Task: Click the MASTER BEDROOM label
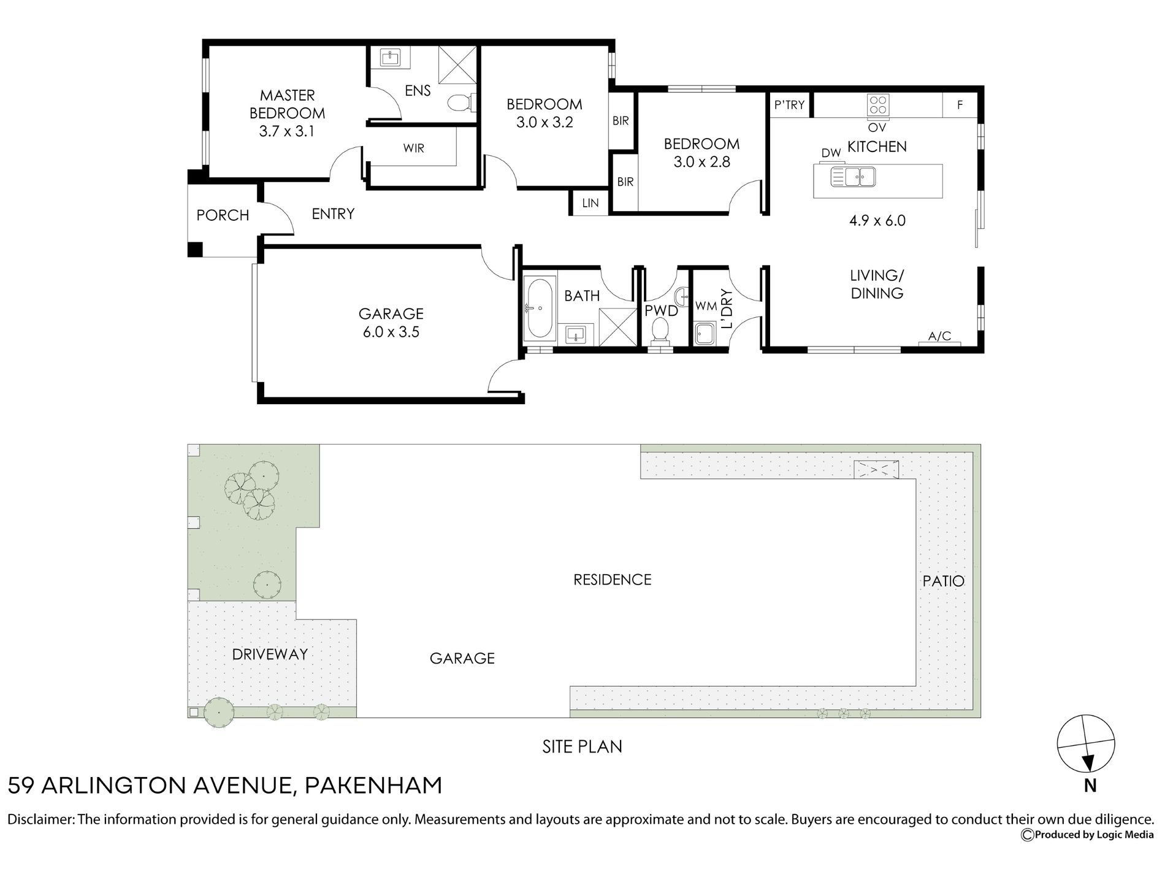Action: click(287, 104)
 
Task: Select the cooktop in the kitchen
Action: click(878, 104)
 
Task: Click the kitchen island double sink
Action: click(853, 177)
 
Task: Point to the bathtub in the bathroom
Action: click(539, 308)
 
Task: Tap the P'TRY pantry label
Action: click(789, 105)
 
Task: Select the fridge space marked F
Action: click(960, 105)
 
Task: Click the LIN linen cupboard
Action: click(590, 203)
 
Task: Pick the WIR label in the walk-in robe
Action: click(414, 148)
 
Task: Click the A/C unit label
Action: click(939, 336)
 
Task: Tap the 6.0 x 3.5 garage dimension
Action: click(391, 332)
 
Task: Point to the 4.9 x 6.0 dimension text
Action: click(877, 221)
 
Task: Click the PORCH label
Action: click(223, 215)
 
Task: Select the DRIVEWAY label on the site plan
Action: click(270, 654)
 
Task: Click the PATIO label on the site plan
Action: click(944, 581)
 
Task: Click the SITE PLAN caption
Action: click(582, 746)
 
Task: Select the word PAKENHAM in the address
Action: click(373, 786)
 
